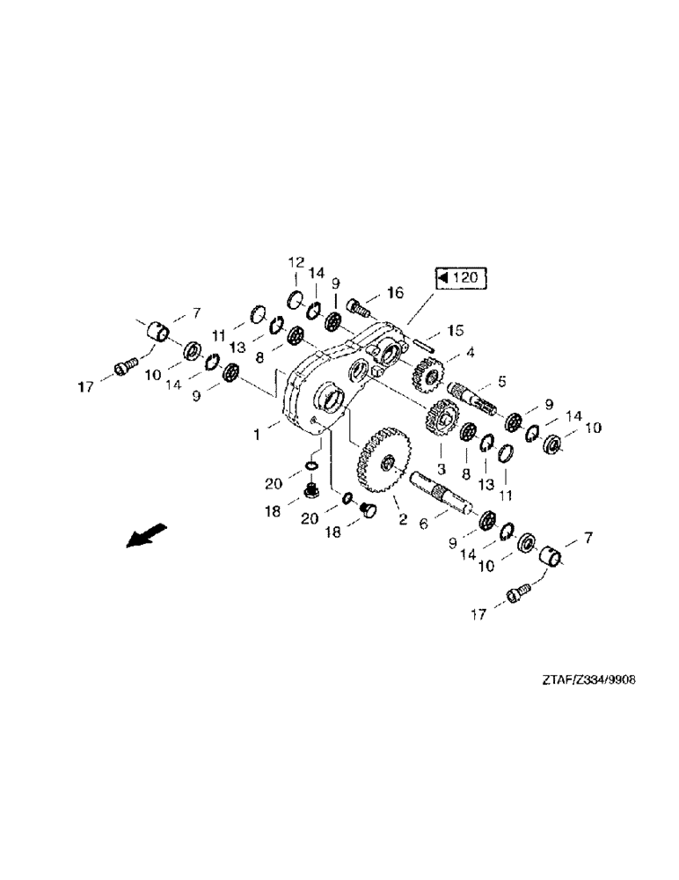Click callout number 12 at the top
(x=296, y=262)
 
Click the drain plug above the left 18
(x=310, y=488)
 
